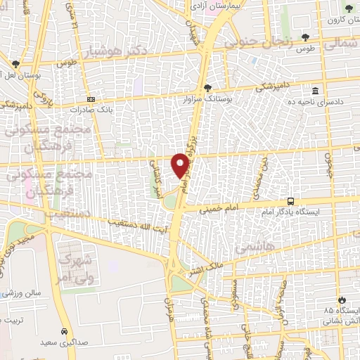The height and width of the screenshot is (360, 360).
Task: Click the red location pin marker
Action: pos(181,165)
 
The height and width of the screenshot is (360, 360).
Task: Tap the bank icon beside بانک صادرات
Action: pos(90,100)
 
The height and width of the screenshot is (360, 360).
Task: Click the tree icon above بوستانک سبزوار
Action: pos(207,88)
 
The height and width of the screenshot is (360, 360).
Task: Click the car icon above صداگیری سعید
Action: pos(64,330)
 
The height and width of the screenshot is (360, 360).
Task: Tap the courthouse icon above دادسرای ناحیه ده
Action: pos(315,92)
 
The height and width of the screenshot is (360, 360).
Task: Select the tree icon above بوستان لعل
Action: pos(15,63)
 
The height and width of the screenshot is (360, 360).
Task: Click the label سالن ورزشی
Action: pos(21,293)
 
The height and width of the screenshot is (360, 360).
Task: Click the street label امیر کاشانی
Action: pos(155,179)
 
